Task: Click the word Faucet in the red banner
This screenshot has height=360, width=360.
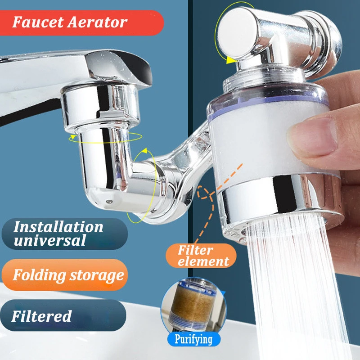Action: coord(36,22)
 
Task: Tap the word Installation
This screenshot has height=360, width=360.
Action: coord(58,226)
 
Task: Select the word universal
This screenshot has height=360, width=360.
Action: coord(49,240)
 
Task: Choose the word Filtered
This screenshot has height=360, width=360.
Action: coord(41,316)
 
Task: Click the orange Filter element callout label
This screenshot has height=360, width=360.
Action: coord(203,256)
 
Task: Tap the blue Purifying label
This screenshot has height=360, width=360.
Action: coord(195,339)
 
